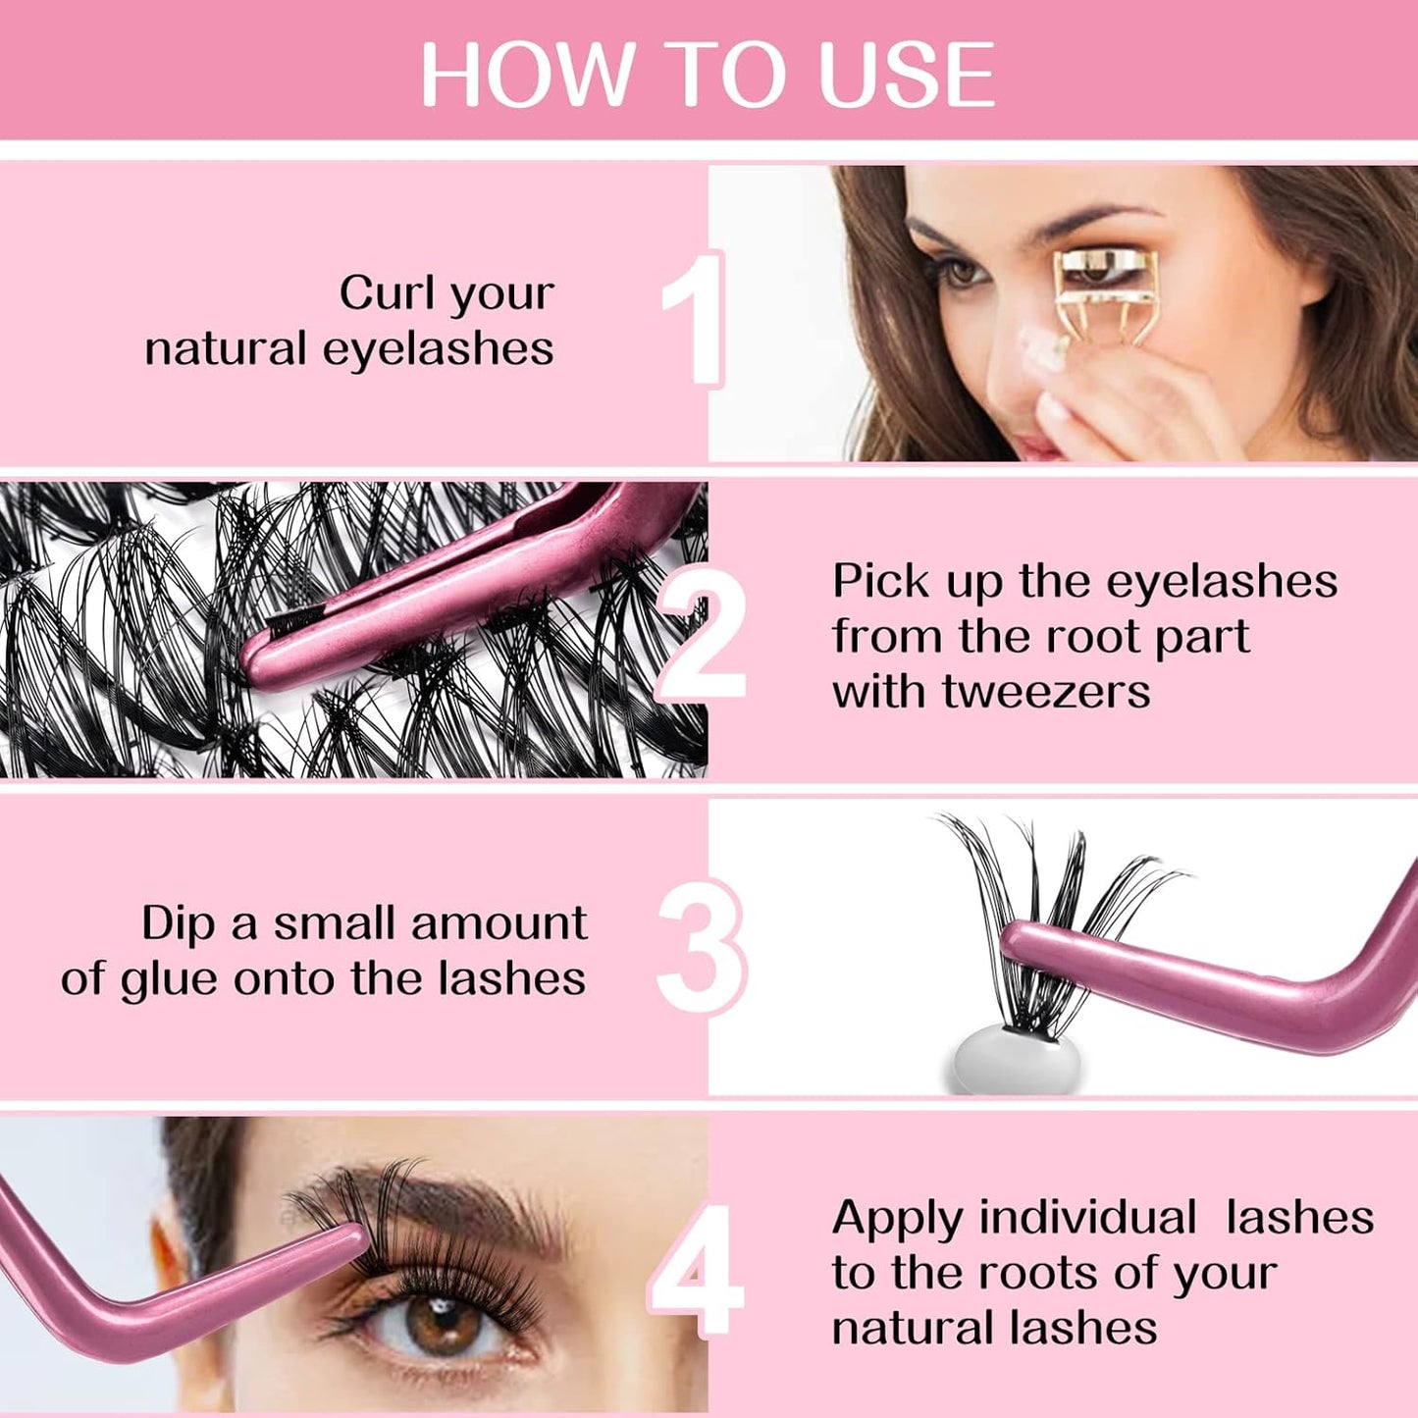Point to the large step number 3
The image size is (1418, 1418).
tap(700, 946)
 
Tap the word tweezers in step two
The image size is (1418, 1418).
tap(1046, 692)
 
